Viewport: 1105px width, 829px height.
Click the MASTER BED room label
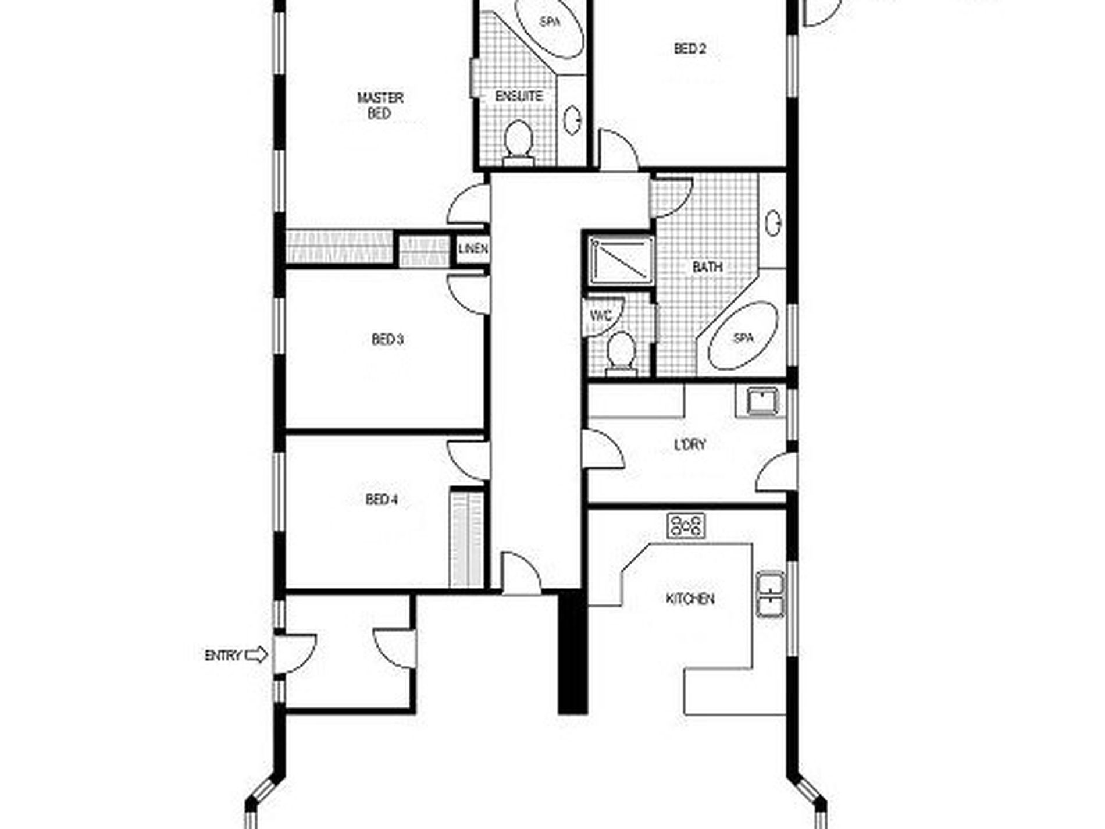[x=380, y=105]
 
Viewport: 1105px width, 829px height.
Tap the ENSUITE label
[x=519, y=96]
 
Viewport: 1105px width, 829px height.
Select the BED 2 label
[x=690, y=49]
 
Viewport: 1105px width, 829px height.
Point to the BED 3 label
[x=387, y=339]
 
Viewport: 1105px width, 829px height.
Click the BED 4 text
[x=382, y=500]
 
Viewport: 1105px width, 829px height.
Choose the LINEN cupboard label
[x=473, y=250]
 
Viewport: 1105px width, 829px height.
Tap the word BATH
[x=707, y=267]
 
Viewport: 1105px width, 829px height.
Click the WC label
[x=601, y=316]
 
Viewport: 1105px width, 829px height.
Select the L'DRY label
[x=690, y=445]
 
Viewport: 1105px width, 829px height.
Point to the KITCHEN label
[x=690, y=599]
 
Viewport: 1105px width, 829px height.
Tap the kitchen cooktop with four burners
[x=686, y=525]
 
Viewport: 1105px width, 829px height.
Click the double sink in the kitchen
[x=771, y=593]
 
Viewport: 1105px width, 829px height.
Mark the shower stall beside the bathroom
[x=620, y=260]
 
